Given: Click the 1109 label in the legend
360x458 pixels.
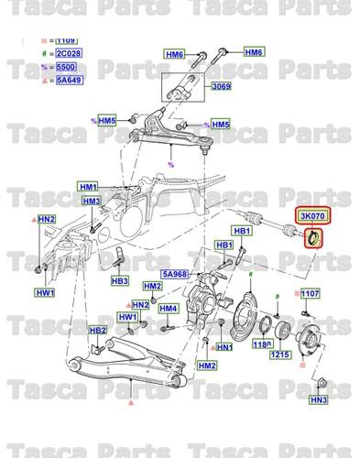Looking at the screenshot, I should pyautogui.click(x=66, y=41).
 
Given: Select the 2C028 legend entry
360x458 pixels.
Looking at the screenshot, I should pyautogui.click(x=66, y=54).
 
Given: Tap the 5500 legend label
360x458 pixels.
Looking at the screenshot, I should pyautogui.click(x=66, y=67).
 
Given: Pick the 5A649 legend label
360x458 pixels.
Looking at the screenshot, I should pyautogui.click(x=66, y=80).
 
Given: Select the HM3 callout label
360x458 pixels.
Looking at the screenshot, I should pyautogui.click(x=92, y=201).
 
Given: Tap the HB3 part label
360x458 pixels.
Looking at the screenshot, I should pyautogui.click(x=118, y=280).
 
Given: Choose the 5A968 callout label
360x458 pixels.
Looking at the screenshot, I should pyautogui.click(x=174, y=273).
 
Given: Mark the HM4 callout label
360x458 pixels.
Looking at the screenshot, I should pyautogui.click(x=167, y=308).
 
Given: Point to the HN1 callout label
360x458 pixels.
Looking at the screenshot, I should pyautogui.click(x=224, y=348).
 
